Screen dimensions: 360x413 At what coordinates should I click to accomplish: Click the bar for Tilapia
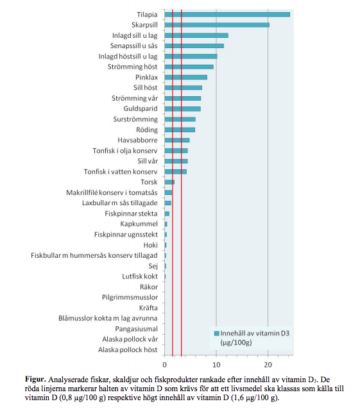pyautogui.click(x=227, y=15)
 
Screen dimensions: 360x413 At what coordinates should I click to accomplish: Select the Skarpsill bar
pyautogui.click(x=217, y=25)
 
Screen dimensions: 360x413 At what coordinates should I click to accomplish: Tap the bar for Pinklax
pyautogui.click(x=186, y=77)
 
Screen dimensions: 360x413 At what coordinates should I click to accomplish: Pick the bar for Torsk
pyautogui.click(x=169, y=182)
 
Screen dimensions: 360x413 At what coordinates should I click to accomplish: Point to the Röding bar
pyautogui.click(x=180, y=130)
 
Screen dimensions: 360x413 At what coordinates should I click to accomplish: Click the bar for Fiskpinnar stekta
pyautogui.click(x=167, y=214)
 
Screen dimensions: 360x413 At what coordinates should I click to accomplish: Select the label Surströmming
pyautogui.click(x=135, y=119)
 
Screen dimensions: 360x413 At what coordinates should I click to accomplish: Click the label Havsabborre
pyautogui.click(x=137, y=140)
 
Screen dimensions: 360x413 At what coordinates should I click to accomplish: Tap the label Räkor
pyautogui.click(x=149, y=287)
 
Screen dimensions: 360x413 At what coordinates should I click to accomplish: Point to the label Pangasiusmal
pyautogui.click(x=136, y=329)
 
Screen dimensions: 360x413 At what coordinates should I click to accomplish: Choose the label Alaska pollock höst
pyautogui.click(x=128, y=350)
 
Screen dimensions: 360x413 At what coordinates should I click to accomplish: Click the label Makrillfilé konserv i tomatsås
pyautogui.click(x=112, y=192)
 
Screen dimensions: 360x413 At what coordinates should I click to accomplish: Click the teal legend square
pyautogui.click(x=217, y=333)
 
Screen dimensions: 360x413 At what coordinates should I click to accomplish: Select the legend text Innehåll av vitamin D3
pyautogui.click(x=255, y=333)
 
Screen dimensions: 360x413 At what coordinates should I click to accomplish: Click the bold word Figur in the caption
pyautogui.click(x=35, y=380)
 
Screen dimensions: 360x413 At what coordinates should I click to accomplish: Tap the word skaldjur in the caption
pyautogui.click(x=126, y=380)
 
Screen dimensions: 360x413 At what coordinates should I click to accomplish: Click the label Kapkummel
pyautogui.click(x=139, y=224)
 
